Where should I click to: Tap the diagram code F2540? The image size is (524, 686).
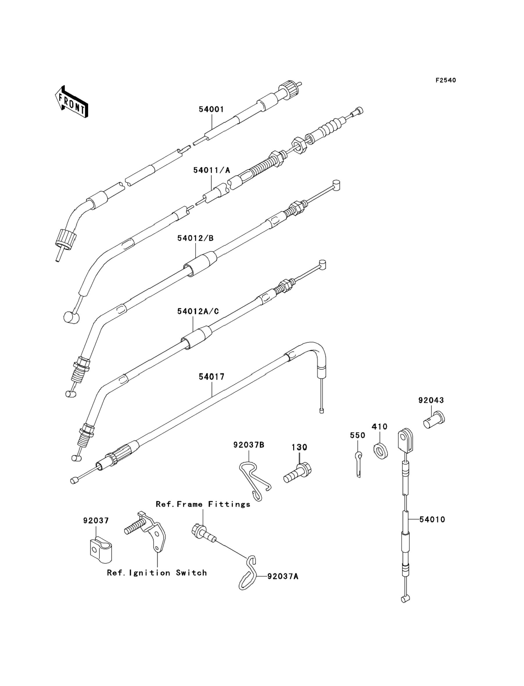(446, 80)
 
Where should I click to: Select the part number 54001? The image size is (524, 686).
(211, 109)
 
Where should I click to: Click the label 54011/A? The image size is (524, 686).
(211, 170)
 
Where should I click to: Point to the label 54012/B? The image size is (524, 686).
(195, 238)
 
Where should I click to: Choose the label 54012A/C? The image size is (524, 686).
(198, 311)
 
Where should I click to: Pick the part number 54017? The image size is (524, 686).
(211, 377)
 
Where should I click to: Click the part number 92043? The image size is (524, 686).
(431, 400)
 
